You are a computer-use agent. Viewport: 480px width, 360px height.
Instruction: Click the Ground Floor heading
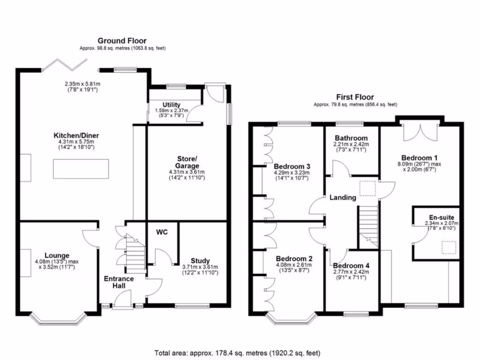tap(121, 41)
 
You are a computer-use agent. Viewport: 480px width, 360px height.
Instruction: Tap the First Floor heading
tap(355, 97)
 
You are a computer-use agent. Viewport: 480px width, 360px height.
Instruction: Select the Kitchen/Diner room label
tap(76, 135)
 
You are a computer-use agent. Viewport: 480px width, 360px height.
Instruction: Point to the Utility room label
tap(172, 105)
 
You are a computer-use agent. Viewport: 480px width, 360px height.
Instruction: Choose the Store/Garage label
tap(187, 161)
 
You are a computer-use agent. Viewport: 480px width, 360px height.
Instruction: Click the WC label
tap(162, 232)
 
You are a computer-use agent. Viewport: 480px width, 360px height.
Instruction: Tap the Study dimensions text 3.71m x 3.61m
tap(200, 267)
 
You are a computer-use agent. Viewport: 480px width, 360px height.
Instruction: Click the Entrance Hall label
tap(119, 282)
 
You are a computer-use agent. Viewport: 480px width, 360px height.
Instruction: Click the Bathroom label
tap(351, 138)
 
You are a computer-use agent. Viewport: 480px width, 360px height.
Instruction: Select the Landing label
tap(342, 197)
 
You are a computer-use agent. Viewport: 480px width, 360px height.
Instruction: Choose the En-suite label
tap(441, 217)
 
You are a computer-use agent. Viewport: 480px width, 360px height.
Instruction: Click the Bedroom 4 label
tap(351, 266)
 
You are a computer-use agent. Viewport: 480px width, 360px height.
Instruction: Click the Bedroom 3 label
tap(292, 166)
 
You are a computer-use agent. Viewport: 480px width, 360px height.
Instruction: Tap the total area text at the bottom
tap(237, 352)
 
